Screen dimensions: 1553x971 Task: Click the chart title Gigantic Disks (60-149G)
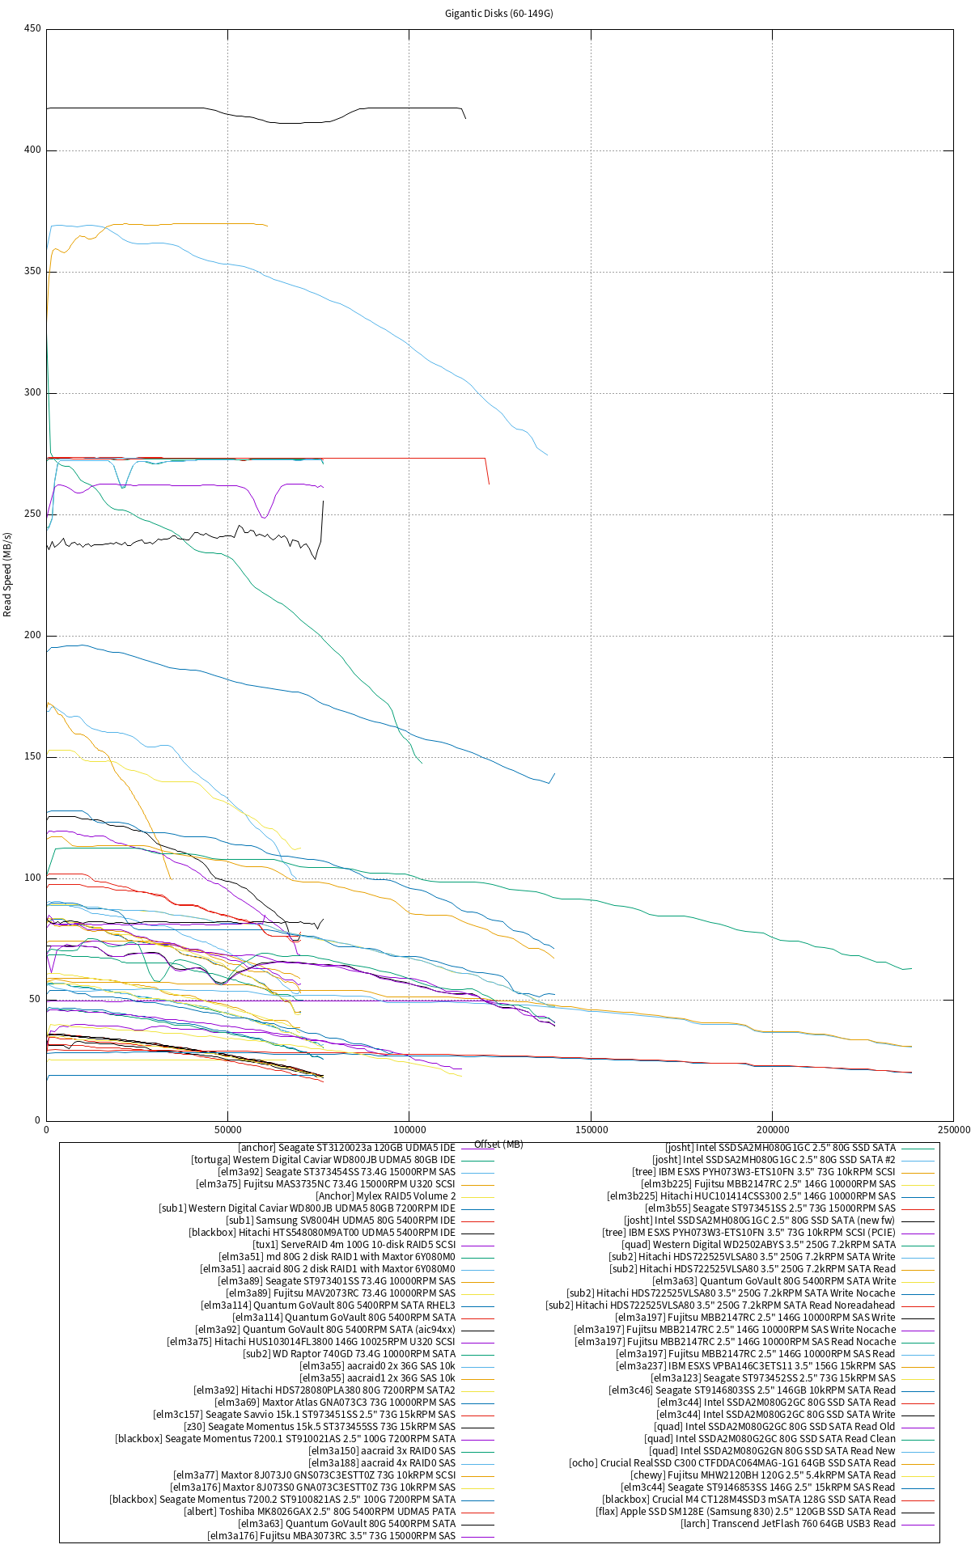pos(498,14)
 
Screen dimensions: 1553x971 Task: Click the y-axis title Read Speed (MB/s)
pos(8,574)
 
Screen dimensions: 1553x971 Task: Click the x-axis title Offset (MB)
pos(498,1145)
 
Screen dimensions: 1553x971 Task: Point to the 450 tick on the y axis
pos(32,29)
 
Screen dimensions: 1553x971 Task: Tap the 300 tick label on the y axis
pos(32,393)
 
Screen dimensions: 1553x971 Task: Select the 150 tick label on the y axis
pos(32,757)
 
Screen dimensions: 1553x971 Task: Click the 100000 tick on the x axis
pos(409,1129)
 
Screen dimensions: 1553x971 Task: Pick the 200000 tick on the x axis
pos(772,1129)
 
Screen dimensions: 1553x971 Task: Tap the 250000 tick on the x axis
pos(952,1129)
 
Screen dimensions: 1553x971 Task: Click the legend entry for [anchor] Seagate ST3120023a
pos(346,1148)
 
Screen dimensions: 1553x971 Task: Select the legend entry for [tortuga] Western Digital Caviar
pos(323,1160)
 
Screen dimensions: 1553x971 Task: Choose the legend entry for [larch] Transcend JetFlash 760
pos(788,1524)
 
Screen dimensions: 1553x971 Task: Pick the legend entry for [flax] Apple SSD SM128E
pos(746,1512)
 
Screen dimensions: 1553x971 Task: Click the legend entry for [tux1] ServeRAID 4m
pos(354,1245)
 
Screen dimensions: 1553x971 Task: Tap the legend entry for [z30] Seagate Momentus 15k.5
pos(320,1427)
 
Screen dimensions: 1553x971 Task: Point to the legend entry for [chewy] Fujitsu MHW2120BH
pos(763,1475)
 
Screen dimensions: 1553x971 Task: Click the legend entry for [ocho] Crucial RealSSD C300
pos(732,1463)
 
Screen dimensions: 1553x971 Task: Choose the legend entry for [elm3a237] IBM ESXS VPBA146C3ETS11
pos(756,1366)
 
